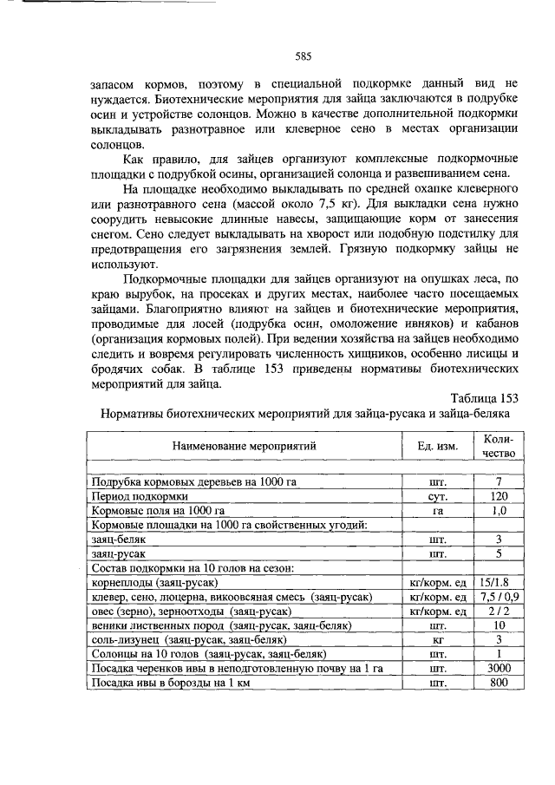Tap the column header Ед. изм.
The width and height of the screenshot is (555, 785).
pos(437,445)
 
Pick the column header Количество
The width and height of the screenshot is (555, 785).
pos(499,445)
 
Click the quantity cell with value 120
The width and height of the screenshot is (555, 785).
pos(499,497)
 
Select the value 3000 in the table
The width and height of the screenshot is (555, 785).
pos(499,668)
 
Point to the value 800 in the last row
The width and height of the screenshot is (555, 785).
pos(499,683)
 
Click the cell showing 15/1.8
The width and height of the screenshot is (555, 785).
pos(499,583)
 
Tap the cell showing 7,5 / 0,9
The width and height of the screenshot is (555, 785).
pos(499,597)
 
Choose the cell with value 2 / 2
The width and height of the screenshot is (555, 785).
pos(499,611)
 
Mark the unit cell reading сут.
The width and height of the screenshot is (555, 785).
pos(437,497)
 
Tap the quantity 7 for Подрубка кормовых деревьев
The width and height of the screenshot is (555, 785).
pos(499,482)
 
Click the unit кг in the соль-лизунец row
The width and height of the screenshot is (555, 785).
pos(437,639)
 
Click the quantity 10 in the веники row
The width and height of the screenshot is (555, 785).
pos(499,625)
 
